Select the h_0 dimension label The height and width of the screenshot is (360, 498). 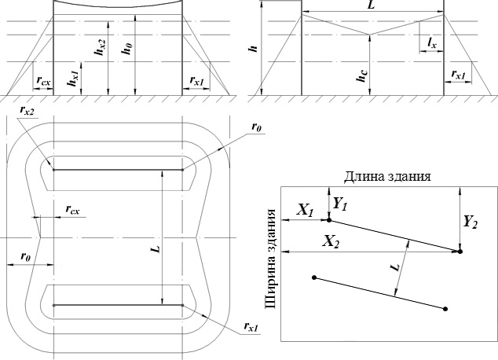tap(127, 48)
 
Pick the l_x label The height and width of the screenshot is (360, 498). tap(432, 42)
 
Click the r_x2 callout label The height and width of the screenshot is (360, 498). tap(27, 111)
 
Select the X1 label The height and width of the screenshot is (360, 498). tap(306, 210)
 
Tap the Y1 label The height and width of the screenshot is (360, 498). tap(339, 204)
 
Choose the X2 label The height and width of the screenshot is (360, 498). tap(331, 242)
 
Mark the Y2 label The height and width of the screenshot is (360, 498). tap(471, 222)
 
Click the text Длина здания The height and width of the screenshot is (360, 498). tap(387, 176)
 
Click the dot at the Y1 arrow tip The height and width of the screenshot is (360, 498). tap(329, 220)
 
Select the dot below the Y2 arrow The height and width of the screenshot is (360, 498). tap(460, 252)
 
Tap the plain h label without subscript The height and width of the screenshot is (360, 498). tap(253, 48)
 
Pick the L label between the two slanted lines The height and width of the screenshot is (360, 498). tap(396, 267)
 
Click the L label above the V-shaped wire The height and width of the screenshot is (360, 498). tap(371, 6)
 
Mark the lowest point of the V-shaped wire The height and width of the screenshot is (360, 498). tap(369, 35)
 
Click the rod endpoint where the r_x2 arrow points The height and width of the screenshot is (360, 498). tap(53, 170)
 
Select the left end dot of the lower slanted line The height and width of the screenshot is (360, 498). tap(314, 277)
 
